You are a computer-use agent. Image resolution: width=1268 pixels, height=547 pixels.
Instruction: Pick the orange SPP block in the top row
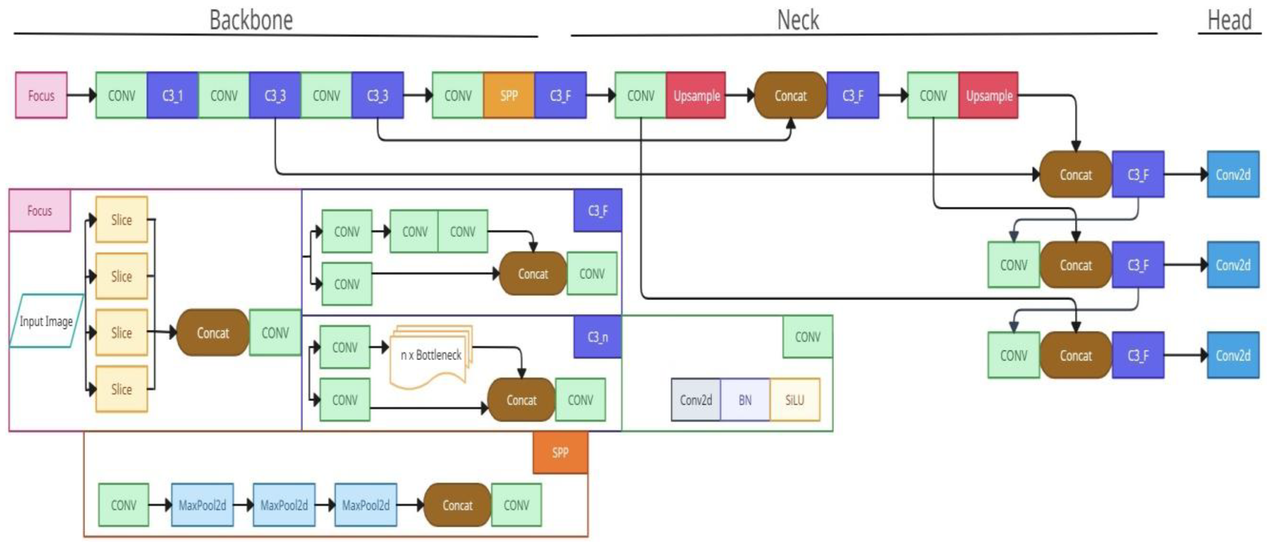click(x=509, y=96)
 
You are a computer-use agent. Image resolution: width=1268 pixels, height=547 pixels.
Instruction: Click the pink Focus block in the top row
click(x=41, y=96)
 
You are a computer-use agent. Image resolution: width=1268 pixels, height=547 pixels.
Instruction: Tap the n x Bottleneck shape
click(x=430, y=355)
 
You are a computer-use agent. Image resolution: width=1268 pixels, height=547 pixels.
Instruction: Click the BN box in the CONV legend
click(x=745, y=400)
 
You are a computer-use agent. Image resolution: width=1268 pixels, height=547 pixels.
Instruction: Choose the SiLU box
click(x=795, y=400)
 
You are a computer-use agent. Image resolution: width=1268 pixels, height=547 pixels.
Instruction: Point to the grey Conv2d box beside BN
click(x=696, y=400)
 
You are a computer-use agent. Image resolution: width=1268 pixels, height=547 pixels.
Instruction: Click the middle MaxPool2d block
click(x=284, y=505)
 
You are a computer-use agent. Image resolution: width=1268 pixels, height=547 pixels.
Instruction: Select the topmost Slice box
click(x=121, y=220)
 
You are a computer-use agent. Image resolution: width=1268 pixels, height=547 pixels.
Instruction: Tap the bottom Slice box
click(x=121, y=389)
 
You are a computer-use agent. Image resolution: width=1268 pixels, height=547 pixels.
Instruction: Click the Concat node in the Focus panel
click(x=213, y=333)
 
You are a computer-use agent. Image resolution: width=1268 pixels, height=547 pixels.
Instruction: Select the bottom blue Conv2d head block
click(x=1232, y=355)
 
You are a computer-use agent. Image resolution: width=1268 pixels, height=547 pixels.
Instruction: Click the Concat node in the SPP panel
click(x=457, y=505)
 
